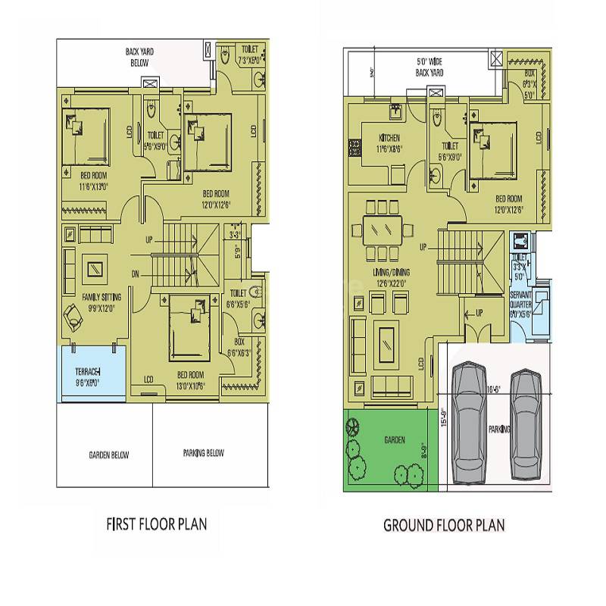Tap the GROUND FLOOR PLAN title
[444, 524]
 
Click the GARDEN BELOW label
[104, 455]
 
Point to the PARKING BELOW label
[203, 454]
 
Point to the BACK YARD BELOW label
[139, 57]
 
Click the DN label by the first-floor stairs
[135, 273]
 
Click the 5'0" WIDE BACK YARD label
[429, 67]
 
